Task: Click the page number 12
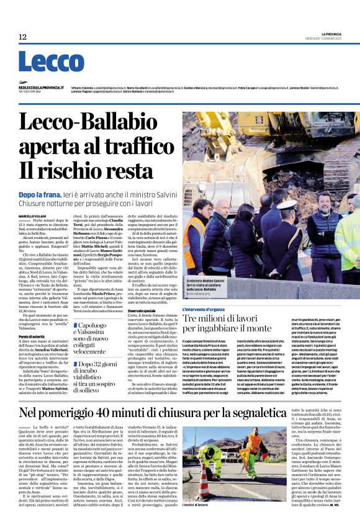22,37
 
